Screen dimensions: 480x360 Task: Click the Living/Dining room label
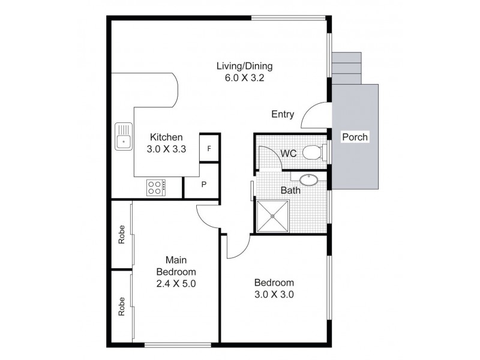244,67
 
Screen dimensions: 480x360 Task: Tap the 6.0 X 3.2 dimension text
244,78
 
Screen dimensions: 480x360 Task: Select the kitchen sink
124,137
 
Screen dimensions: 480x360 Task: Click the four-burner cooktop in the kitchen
156,188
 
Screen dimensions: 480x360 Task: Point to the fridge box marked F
209,148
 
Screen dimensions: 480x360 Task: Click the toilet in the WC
313,152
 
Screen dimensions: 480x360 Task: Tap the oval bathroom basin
309,179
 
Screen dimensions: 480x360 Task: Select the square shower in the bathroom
272,216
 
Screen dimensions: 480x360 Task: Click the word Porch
355,137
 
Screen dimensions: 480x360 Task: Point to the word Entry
283,114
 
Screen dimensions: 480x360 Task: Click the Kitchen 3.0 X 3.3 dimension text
166,149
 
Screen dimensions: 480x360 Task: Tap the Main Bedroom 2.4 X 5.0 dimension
176,283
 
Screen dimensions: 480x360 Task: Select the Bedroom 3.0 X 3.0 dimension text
274,295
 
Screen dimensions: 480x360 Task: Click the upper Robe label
122,235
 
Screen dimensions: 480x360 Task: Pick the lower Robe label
122,307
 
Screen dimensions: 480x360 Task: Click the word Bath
290,190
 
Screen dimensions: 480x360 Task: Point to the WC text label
289,153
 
